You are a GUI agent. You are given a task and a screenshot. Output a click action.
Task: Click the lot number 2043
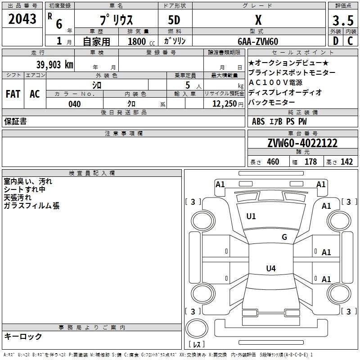[22, 19]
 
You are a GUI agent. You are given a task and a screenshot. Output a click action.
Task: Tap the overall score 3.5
[343, 20]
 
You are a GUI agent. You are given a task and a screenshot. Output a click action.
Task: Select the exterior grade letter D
[336, 41]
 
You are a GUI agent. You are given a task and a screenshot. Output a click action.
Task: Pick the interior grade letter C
[350, 41]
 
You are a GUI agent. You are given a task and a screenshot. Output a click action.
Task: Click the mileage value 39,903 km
[55, 65]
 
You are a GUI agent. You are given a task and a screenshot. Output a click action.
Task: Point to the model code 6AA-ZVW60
[258, 41]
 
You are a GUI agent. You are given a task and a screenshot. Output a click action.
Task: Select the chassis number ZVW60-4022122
[302, 143]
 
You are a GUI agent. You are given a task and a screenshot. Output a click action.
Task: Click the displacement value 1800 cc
[141, 41]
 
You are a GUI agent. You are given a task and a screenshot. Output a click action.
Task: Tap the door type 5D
[174, 20]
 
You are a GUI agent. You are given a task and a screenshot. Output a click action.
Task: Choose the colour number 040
[75, 104]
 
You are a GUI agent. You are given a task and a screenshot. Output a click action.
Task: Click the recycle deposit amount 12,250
[225, 104]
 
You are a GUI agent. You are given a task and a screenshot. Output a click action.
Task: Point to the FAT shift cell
[13, 94]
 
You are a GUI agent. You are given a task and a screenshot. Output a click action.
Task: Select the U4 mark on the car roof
[271, 268]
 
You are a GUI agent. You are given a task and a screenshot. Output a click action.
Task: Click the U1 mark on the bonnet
[251, 216]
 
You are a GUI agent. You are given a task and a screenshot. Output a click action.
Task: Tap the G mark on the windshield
[284, 237]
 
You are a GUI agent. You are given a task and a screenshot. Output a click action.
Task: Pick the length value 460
[273, 162]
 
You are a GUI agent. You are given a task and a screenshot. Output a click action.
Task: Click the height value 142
[346, 162]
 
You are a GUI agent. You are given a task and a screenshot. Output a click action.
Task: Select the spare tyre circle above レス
[197, 328]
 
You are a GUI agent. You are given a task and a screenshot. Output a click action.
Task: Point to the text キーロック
[23, 336]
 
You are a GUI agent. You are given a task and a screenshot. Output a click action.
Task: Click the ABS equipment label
[258, 121]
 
